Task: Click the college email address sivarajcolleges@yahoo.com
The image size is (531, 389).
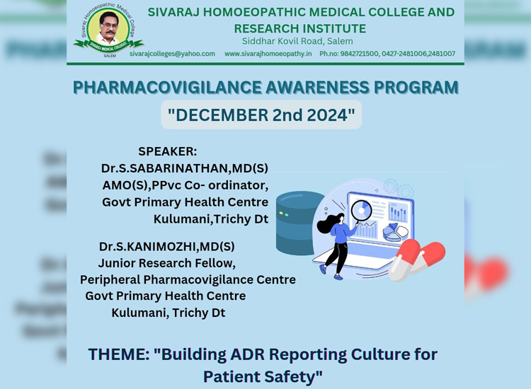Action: point(172,54)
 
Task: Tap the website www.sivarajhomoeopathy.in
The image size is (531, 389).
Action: point(268,54)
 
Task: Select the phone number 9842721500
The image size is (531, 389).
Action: point(359,54)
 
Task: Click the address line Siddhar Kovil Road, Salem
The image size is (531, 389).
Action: point(297,41)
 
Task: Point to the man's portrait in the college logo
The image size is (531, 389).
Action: point(108,28)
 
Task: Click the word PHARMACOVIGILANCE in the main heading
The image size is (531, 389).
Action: point(167,87)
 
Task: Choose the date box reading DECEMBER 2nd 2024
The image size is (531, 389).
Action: point(261,115)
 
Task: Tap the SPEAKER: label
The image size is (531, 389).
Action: point(167,151)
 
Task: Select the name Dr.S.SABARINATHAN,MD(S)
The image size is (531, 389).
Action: point(185,168)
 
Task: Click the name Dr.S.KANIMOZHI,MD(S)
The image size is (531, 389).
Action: point(166,247)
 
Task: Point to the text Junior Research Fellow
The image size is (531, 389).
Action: point(166,263)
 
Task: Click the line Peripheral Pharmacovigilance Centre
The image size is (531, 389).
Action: point(188,280)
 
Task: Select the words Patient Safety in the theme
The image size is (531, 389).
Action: point(263,376)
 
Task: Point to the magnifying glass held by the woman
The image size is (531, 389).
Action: point(361,211)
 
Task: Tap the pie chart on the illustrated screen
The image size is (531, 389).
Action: point(395,233)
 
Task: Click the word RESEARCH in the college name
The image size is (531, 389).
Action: point(265,28)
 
